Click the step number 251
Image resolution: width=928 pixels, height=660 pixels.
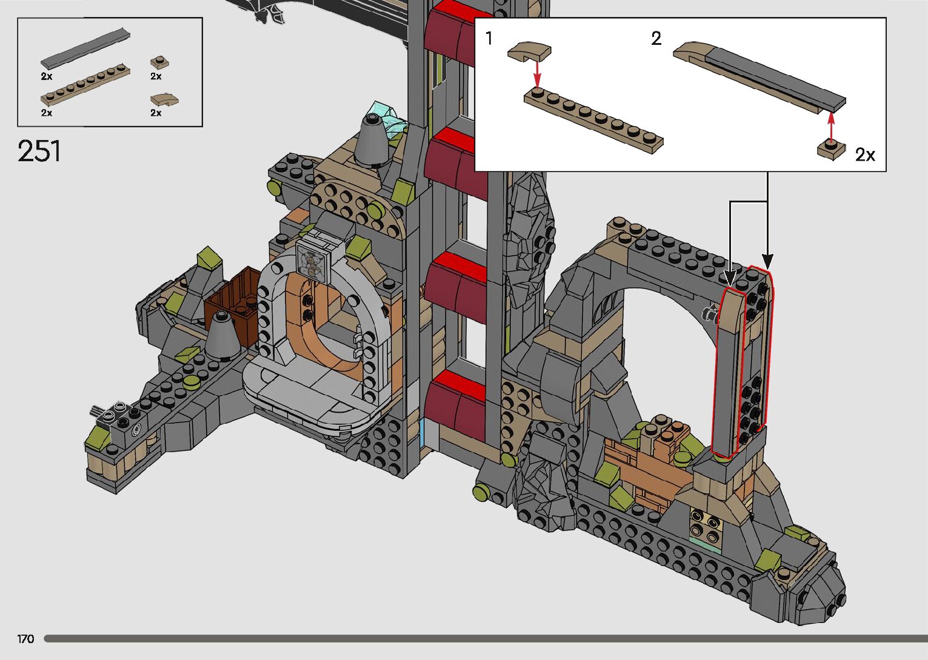click(39, 151)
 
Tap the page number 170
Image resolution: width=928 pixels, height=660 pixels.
click(25, 639)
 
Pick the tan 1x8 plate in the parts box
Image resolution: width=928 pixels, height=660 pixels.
click(85, 84)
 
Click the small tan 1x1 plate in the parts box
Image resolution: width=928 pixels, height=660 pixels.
click(159, 62)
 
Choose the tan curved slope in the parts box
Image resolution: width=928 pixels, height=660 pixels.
click(164, 99)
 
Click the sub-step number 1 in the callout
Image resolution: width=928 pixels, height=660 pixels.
click(489, 38)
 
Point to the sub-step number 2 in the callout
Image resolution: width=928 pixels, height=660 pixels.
click(656, 38)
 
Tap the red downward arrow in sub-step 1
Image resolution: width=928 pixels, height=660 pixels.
click(537, 74)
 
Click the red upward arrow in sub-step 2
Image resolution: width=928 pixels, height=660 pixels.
click(830, 127)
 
